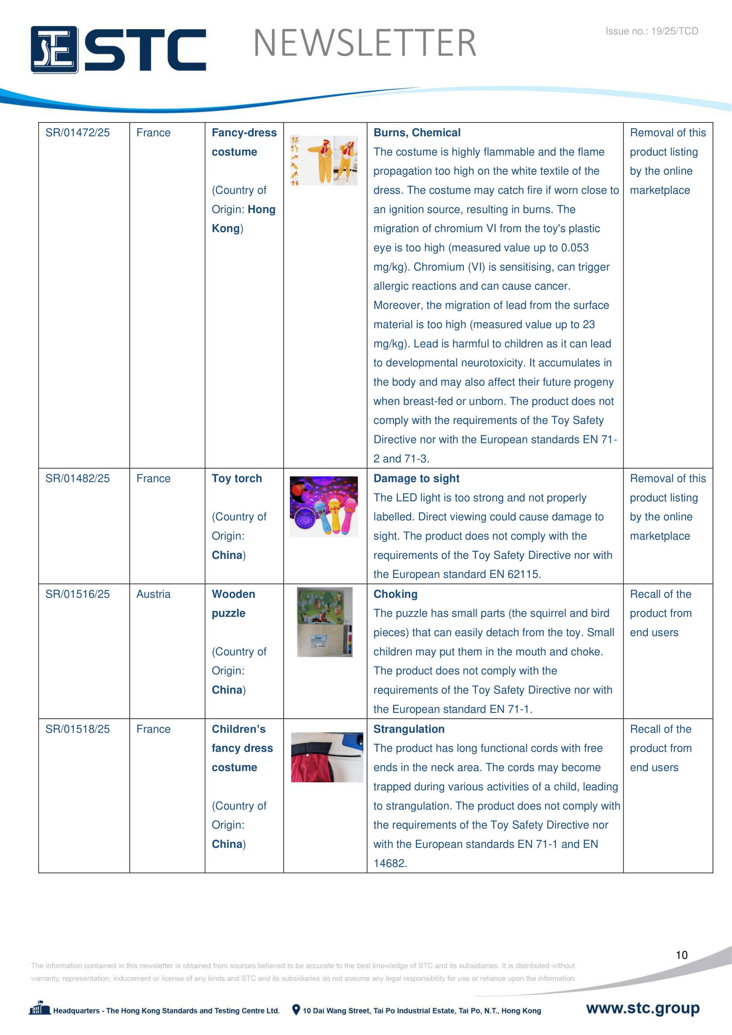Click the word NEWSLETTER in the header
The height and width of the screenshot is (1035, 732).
click(365, 43)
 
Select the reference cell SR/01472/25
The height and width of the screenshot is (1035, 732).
click(77, 133)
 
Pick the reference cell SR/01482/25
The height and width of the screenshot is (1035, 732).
click(77, 478)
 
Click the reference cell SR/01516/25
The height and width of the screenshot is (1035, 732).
click(77, 594)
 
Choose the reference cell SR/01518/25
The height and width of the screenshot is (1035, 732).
click(77, 729)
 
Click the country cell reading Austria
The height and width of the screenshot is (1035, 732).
click(153, 594)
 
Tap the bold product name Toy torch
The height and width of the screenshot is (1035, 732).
click(237, 478)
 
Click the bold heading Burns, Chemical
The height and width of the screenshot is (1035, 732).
click(417, 133)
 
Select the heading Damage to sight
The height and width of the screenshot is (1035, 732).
click(416, 478)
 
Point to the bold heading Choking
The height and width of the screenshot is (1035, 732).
click(395, 594)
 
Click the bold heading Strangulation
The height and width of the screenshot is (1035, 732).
click(409, 729)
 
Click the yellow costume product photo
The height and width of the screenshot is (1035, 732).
click(324, 161)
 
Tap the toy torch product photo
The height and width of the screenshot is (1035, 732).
click(324, 506)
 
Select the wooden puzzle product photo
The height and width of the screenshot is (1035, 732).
click(324, 622)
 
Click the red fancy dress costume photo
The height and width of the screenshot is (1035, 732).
click(327, 757)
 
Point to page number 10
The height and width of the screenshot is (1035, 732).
click(682, 955)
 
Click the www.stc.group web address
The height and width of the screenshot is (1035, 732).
click(643, 1008)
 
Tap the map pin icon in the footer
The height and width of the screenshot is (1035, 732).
click(296, 1010)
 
